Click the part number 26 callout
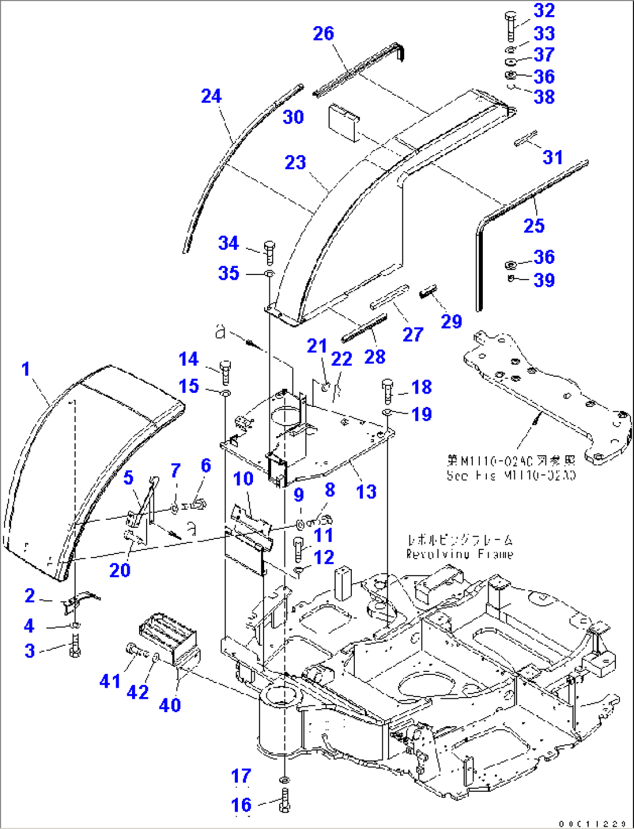click(x=323, y=34)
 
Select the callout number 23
click(x=295, y=162)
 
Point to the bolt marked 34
click(x=268, y=252)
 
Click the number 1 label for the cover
click(x=26, y=369)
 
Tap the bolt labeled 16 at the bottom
click(x=284, y=801)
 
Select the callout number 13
click(x=366, y=492)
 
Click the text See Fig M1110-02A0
click(x=511, y=475)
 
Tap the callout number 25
click(x=533, y=226)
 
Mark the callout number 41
click(x=110, y=681)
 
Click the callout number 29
click(x=451, y=321)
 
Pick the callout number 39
click(x=544, y=280)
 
